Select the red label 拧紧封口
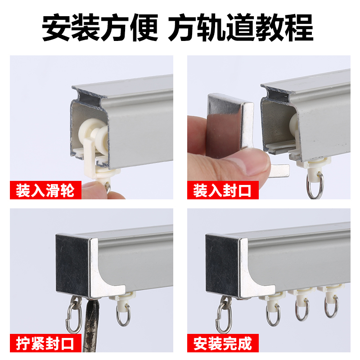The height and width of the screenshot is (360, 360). tap(45, 344)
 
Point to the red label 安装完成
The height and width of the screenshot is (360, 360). tap(223, 344)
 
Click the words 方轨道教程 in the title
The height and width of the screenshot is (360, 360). tap(241, 28)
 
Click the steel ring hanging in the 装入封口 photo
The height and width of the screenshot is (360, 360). tap(314, 184)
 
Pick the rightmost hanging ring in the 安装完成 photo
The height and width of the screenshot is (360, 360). tap(331, 306)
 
